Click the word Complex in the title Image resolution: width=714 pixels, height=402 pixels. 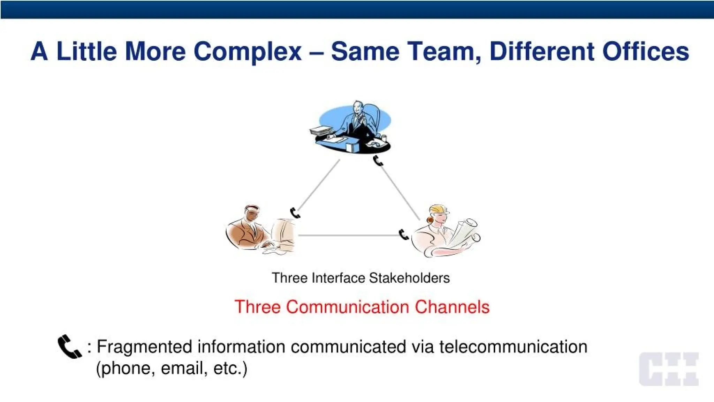[247, 51]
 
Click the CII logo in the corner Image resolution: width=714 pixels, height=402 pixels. [669, 369]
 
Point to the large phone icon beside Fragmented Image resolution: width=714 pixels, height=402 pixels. [69, 347]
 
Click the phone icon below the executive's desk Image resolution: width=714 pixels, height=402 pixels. [378, 161]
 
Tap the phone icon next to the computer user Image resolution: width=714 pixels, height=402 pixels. [295, 213]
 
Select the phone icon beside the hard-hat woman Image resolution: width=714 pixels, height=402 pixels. [403, 235]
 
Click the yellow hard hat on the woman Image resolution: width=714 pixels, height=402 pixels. [439, 210]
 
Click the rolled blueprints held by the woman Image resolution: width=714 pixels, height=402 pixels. [465, 232]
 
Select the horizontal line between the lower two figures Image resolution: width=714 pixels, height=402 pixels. [349, 236]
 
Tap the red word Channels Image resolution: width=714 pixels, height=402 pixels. [452, 307]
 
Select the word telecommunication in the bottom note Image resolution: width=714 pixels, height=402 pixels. [513, 347]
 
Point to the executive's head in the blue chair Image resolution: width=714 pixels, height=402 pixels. [357, 107]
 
